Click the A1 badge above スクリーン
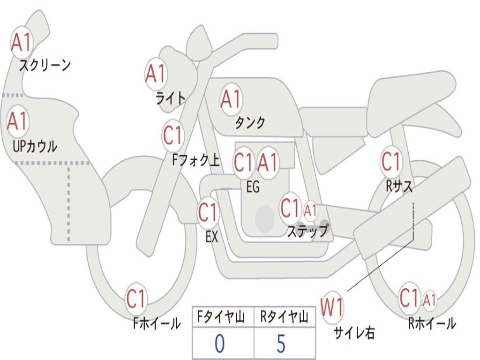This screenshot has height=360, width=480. pyautogui.click(x=21, y=43)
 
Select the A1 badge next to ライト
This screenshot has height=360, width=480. pyautogui.click(x=156, y=74)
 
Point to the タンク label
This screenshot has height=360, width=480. pyautogui.click(x=250, y=122)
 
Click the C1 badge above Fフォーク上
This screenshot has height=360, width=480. pyautogui.click(x=173, y=135)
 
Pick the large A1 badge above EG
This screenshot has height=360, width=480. pyautogui.click(x=268, y=163)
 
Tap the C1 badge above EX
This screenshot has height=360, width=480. pyautogui.click(x=208, y=213)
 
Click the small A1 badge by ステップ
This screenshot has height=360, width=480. pyautogui.click(x=310, y=210)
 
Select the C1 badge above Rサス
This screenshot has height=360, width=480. pyautogui.click(x=391, y=162)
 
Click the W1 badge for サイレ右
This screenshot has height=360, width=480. pyautogui.click(x=332, y=308)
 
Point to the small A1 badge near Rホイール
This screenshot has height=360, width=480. pyautogui.click(x=429, y=300)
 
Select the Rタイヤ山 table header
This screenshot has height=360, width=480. pyautogui.click(x=284, y=318)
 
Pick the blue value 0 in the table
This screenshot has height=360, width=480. pyautogui.click(x=219, y=344)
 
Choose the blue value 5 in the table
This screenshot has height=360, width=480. pyautogui.click(x=281, y=344)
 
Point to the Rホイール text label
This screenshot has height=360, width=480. pyautogui.click(x=432, y=323)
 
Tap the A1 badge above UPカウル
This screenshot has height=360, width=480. pyautogui.click(x=18, y=121)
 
